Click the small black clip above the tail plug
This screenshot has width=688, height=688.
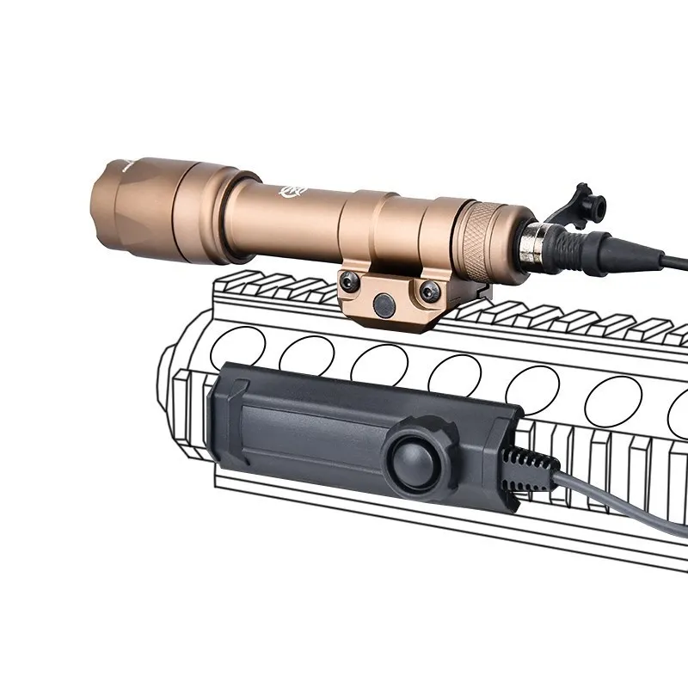pyautogui.click(x=586, y=203)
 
